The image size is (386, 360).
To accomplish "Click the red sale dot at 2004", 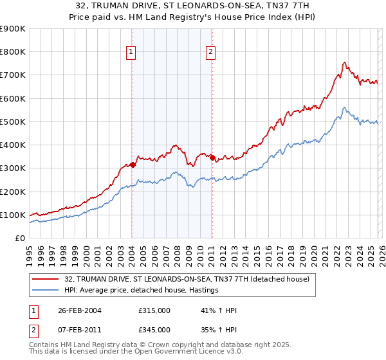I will (133, 165).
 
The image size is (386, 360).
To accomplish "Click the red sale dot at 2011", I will (212, 156).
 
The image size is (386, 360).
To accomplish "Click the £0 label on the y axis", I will (19, 238).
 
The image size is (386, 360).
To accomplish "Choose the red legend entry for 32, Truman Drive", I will (187, 279).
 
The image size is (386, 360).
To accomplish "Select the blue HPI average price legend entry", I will (142, 291).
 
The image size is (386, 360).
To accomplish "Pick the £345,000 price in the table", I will (154, 329).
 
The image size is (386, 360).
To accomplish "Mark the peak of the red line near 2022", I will (345, 62).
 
